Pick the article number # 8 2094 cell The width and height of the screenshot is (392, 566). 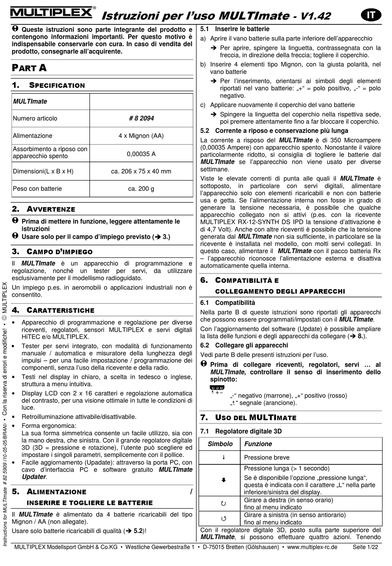[x=141, y=119]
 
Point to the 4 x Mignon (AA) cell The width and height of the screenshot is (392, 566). [x=141, y=136]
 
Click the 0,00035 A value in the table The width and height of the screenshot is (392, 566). [x=141, y=154]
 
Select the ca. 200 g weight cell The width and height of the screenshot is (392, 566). [x=141, y=189]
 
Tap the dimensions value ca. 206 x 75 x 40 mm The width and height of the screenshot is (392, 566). [x=141, y=171]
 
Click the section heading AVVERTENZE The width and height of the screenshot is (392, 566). [x=51, y=209]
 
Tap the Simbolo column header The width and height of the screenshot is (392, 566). [x=220, y=444]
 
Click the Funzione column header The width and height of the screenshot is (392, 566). [x=258, y=444]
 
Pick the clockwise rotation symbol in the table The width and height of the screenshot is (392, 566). [x=224, y=504]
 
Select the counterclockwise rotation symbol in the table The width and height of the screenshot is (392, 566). [x=224, y=518]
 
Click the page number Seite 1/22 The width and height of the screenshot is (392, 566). [x=365, y=547]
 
